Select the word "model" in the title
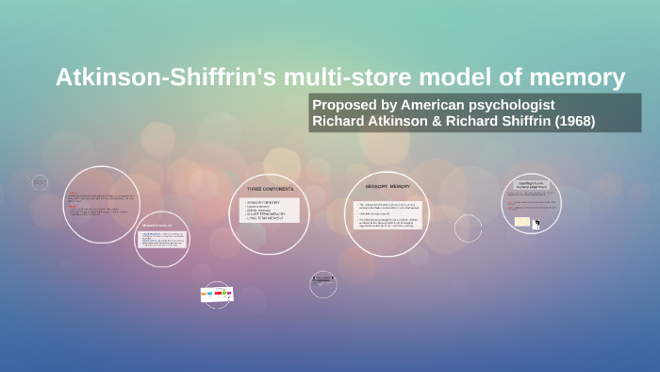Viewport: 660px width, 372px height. click(x=459, y=77)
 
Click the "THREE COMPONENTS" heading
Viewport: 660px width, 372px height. click(x=270, y=190)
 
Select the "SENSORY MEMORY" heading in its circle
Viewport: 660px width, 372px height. click(x=387, y=187)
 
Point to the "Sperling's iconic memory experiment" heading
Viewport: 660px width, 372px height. click(x=531, y=185)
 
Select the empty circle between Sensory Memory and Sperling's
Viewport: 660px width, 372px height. click(x=468, y=228)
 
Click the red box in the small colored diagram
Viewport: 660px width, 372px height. click(x=218, y=295)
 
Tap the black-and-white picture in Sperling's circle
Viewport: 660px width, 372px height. click(x=536, y=224)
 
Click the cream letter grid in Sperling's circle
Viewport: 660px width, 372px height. click(x=521, y=222)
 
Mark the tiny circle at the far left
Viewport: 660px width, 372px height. click(x=40, y=182)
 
